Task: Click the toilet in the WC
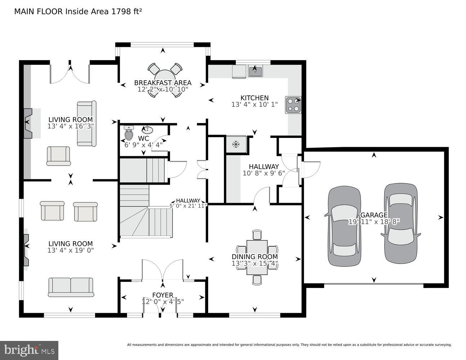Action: point(129,133)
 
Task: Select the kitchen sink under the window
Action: point(255,71)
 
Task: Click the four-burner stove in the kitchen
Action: point(293,105)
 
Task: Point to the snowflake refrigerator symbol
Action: point(236,145)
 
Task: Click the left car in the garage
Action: point(344,226)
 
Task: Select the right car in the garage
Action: point(400,223)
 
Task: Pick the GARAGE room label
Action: point(374,215)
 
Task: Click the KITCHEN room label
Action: point(255,98)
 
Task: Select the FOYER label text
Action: point(162,295)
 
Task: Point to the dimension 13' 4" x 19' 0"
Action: point(71,250)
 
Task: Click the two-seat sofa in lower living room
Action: point(71,287)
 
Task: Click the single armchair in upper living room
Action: point(58,156)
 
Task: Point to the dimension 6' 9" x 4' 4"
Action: point(141,145)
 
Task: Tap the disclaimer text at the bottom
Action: point(289,345)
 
